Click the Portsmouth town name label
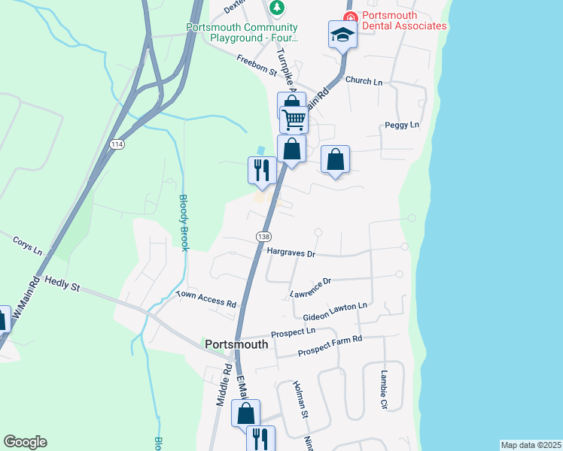(x=236, y=344)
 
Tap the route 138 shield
(x=263, y=236)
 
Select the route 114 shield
(x=116, y=144)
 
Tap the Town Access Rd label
(x=206, y=298)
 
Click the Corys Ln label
(x=28, y=246)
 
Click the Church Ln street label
(x=364, y=80)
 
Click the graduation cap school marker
(x=342, y=35)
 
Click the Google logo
(x=25, y=442)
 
